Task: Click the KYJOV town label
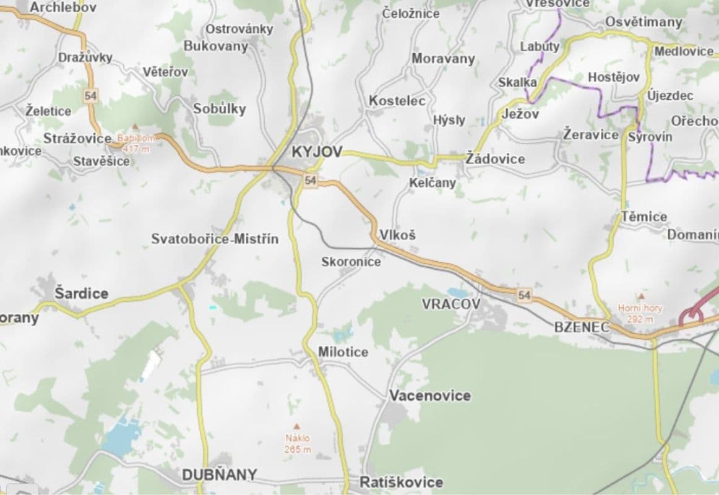pos(316,152)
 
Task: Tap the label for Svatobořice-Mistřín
pos(215,239)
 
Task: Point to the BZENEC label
pos(582,327)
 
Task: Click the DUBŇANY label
pos(219,475)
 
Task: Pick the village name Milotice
pos(343,352)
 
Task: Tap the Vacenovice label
pos(429,395)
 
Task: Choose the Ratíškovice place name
pos(402,482)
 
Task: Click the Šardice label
pos(81,293)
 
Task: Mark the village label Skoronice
pos(351,262)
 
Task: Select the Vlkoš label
pos(397,235)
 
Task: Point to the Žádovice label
pos(495,159)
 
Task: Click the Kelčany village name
pos(432,183)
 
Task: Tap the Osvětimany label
pos(644,22)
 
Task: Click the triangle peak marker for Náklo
pos(296,426)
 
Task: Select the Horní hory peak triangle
pos(641,296)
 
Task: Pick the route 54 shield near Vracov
pos(524,295)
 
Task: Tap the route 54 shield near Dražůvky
pos(91,95)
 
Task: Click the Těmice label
pos(644,217)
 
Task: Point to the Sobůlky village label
pos(219,109)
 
